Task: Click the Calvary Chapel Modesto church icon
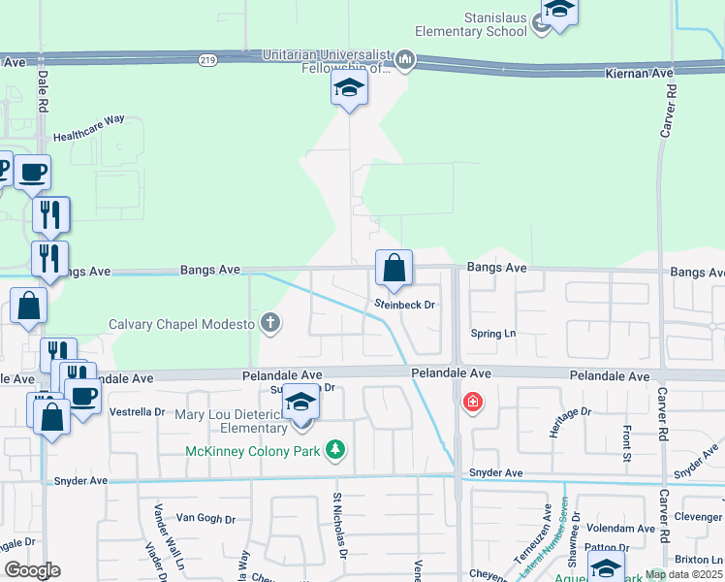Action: [270, 323]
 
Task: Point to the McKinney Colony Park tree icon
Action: [334, 449]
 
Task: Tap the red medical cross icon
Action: [472, 402]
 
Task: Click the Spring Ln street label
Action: [493, 334]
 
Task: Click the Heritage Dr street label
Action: [570, 423]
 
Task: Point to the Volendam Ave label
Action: [620, 529]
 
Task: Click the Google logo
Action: [32, 570]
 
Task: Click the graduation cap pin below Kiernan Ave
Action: [349, 90]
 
